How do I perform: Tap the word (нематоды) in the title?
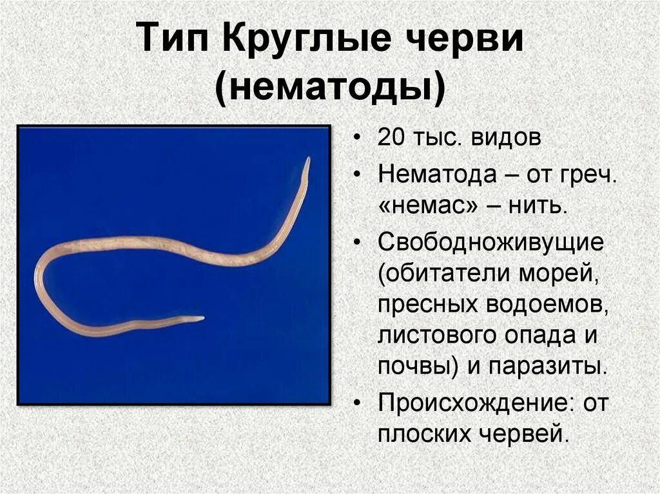point(330,90)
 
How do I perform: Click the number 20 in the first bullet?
point(392,140)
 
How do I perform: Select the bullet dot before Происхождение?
point(358,403)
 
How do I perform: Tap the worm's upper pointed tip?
point(308,159)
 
